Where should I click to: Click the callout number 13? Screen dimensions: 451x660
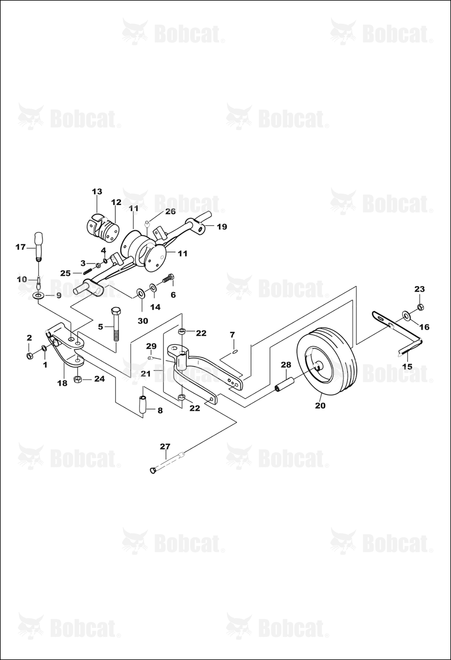97,192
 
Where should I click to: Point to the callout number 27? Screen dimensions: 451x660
165,446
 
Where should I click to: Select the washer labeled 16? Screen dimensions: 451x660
407,316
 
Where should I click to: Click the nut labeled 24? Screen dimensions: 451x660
78,378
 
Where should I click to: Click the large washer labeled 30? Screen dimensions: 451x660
140,292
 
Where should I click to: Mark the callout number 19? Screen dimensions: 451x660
222,227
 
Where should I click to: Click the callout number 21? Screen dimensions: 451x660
145,374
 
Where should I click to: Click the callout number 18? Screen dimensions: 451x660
63,383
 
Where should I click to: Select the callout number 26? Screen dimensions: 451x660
170,211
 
